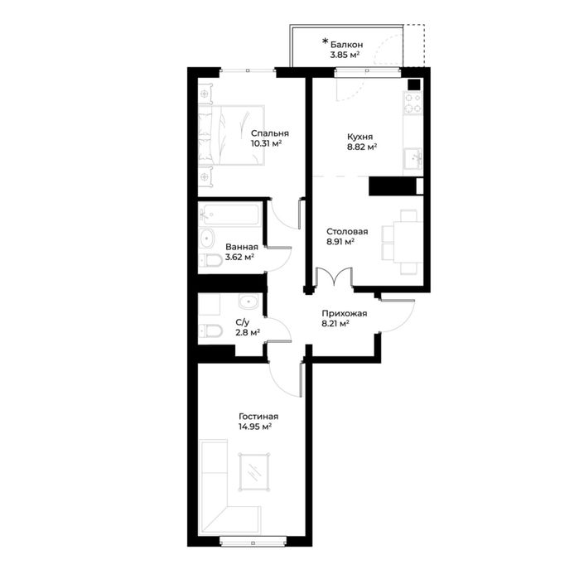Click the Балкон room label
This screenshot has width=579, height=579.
click(346, 45)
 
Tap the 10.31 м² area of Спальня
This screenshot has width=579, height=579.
click(266, 143)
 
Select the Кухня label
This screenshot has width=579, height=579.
click(360, 137)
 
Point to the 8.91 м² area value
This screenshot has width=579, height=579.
click(340, 242)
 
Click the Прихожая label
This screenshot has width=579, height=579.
click(345, 313)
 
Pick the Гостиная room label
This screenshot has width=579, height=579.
click(258, 417)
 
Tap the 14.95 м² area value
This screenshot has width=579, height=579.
click(255, 427)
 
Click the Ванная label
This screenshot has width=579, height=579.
click(242, 247)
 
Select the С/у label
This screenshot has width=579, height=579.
click(243, 323)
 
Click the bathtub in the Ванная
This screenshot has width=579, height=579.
click(229, 214)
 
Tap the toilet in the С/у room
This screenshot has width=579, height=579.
click(210, 331)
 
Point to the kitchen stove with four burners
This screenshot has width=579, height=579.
click(413, 104)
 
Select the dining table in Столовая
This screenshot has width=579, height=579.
click(408, 242)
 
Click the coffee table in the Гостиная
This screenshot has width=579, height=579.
click(253, 471)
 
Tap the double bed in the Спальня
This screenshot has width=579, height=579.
click(232, 135)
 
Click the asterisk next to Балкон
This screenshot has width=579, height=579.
click(325, 41)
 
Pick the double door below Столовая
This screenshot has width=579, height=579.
click(334, 277)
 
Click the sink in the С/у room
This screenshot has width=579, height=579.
click(248, 302)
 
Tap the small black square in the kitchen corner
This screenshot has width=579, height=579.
click(414, 85)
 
